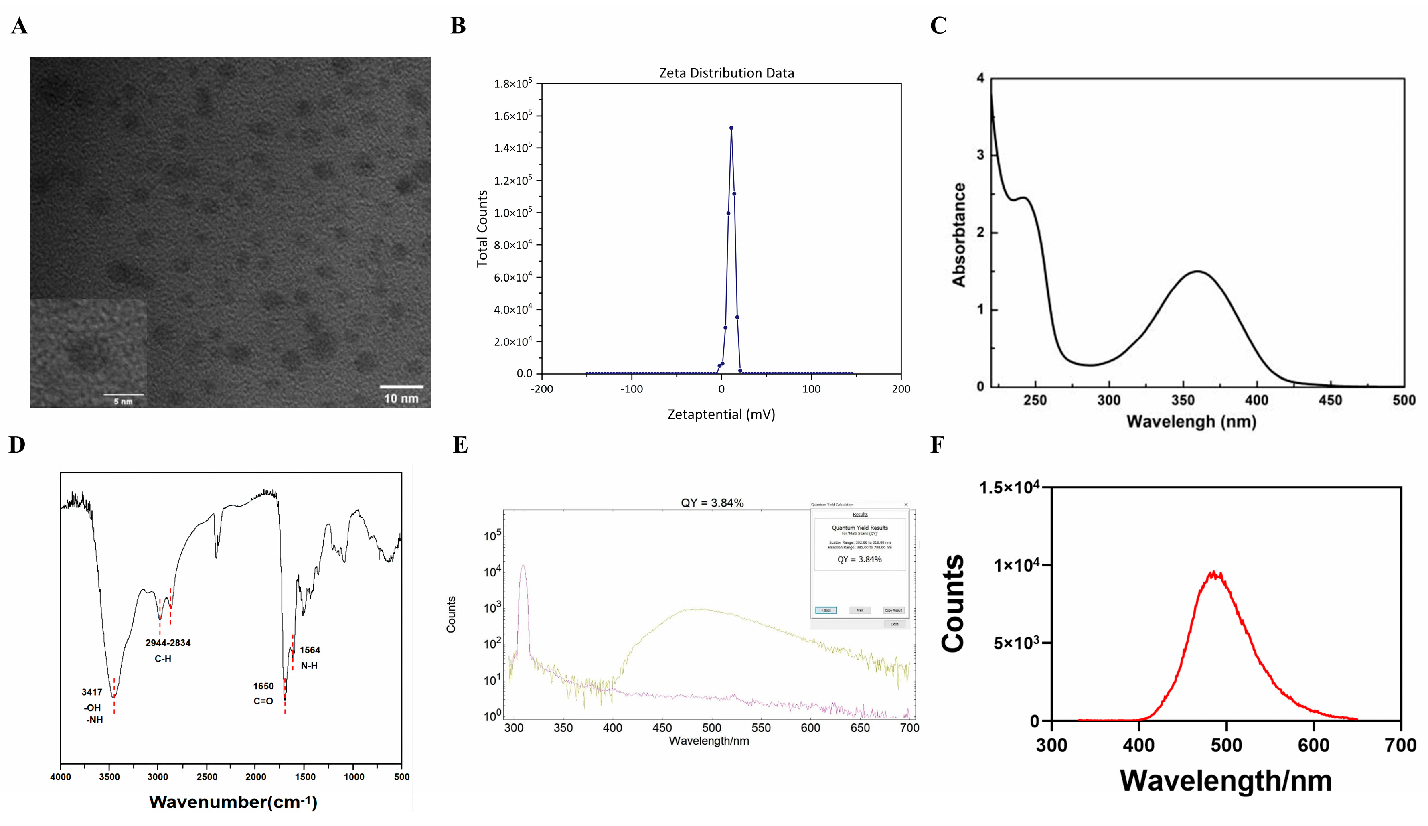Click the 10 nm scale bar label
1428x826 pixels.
point(401,398)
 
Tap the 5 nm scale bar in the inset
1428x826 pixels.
point(123,395)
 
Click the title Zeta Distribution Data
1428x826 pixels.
point(727,73)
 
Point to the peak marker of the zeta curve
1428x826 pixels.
point(731,128)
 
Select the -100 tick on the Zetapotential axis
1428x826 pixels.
point(631,389)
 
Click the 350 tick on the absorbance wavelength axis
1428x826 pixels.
point(1183,400)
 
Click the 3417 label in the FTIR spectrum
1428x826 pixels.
point(92,692)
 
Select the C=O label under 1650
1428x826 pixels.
point(263,701)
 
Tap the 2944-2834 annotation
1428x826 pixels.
point(168,643)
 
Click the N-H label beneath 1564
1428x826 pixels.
point(309,666)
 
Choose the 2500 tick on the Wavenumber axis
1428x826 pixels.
point(207,777)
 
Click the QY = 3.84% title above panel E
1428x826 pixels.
point(712,503)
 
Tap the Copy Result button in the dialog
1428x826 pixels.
point(893,611)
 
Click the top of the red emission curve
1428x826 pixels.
point(1213,572)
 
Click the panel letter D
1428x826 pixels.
point(17,445)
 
